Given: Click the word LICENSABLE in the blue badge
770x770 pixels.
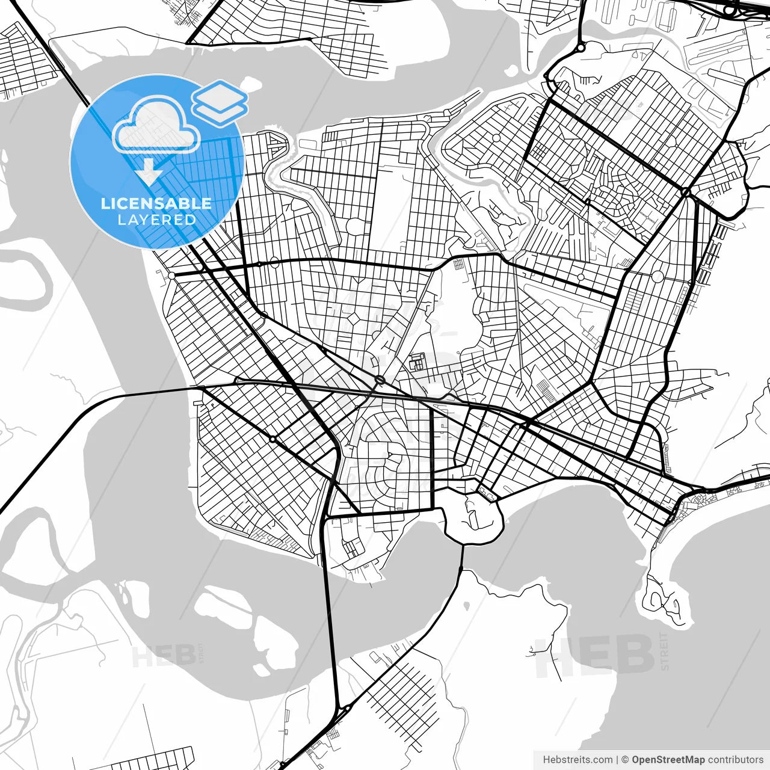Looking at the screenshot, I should [156, 203].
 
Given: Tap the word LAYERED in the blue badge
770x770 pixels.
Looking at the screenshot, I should [156, 220].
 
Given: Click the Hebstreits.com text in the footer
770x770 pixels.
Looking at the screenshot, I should [578, 760].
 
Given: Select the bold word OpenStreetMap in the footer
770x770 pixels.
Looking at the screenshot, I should [668, 760].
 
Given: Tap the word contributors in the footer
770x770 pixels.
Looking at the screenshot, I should [735, 760].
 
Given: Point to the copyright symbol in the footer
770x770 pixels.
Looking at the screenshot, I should [626, 760].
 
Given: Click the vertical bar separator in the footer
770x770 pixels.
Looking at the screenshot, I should [618, 760].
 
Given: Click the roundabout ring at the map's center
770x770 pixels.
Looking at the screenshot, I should [380, 380].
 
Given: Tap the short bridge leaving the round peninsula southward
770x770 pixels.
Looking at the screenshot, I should [462, 556].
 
